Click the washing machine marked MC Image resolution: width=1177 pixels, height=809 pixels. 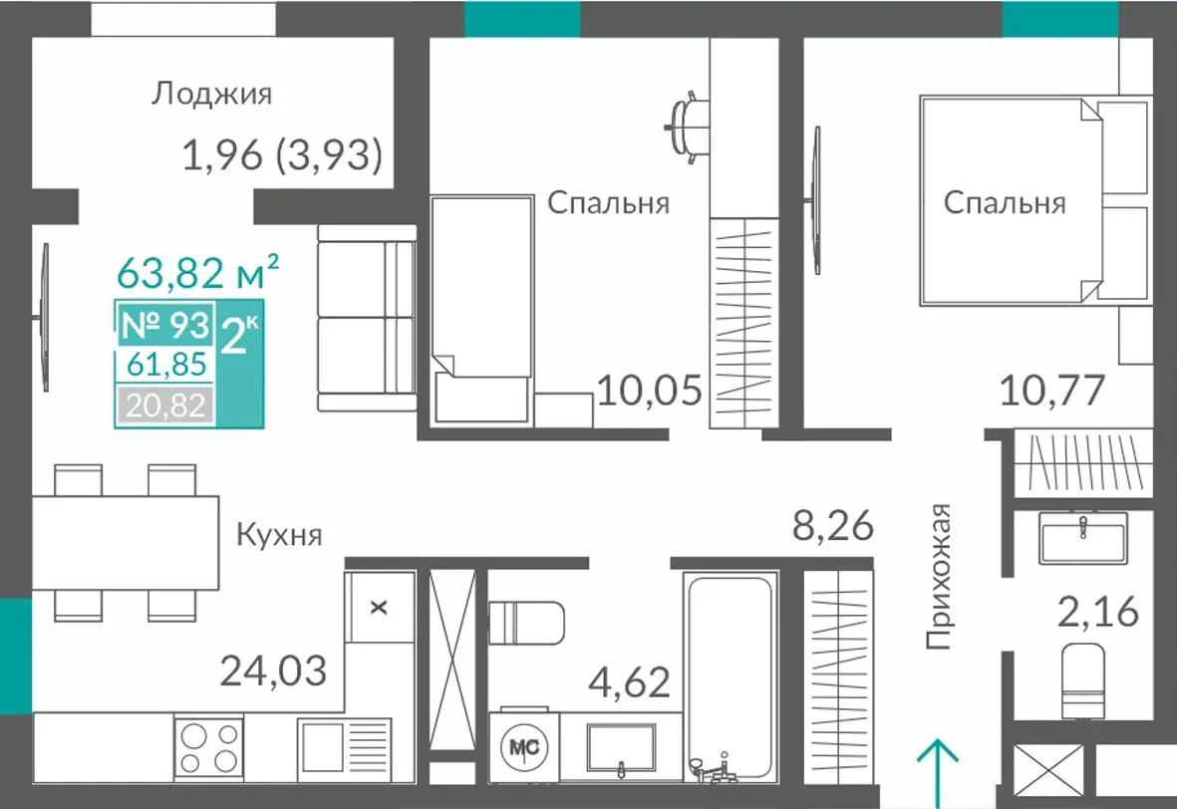coord(524,746)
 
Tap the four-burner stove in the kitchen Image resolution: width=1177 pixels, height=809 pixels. coord(208,746)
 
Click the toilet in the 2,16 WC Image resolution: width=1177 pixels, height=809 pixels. coord(1083,681)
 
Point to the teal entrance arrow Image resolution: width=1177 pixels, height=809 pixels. coord(938,773)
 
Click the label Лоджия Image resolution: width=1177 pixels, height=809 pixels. coord(211,94)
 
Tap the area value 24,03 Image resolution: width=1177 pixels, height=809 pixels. coord(273,671)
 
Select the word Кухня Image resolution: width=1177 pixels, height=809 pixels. coord(279,534)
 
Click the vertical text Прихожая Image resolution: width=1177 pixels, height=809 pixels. coord(938,576)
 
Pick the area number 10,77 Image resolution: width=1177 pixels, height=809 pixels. coord(1052,391)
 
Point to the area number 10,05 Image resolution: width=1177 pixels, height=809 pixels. coord(650,391)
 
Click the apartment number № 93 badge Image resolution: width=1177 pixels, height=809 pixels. coord(165,324)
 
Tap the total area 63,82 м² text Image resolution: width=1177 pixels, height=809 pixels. coord(198,272)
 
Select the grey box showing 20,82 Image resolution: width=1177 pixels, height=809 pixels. coord(165,406)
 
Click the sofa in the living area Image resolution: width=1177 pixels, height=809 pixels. coord(367,318)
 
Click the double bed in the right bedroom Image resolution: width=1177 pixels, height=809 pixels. coord(1035,200)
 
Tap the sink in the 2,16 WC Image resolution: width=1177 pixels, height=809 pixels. coord(1083,538)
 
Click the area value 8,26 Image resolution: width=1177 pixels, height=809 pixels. coord(833,525)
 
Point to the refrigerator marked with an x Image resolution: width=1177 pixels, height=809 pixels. coord(380,607)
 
